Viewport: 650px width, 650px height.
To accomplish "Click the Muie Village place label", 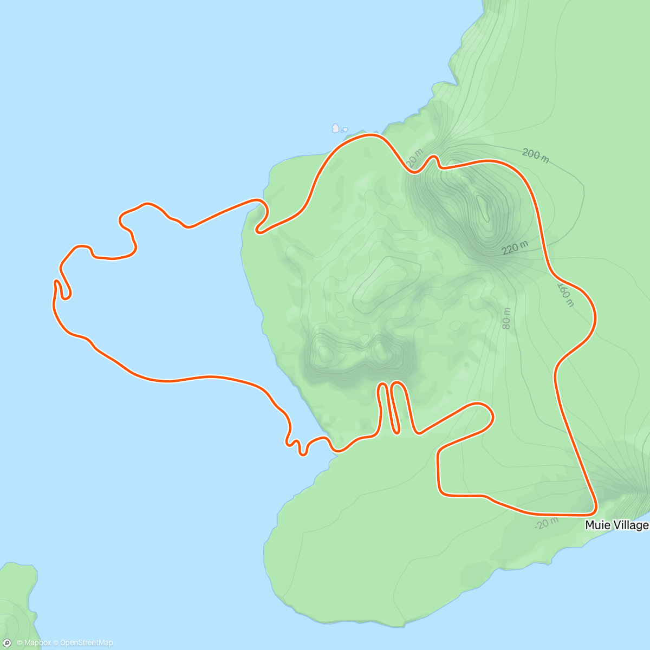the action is (616, 525).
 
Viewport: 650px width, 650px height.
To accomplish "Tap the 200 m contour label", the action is (535, 155).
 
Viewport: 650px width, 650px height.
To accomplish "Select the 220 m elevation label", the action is (515, 248).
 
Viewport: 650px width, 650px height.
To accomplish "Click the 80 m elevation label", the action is (506, 318).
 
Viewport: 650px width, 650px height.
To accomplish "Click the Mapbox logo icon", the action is (8, 643).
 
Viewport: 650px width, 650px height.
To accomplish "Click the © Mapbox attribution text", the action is (34, 643).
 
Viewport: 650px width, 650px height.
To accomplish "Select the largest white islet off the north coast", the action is (336, 128).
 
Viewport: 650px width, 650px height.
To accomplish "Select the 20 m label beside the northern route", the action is (413, 158).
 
